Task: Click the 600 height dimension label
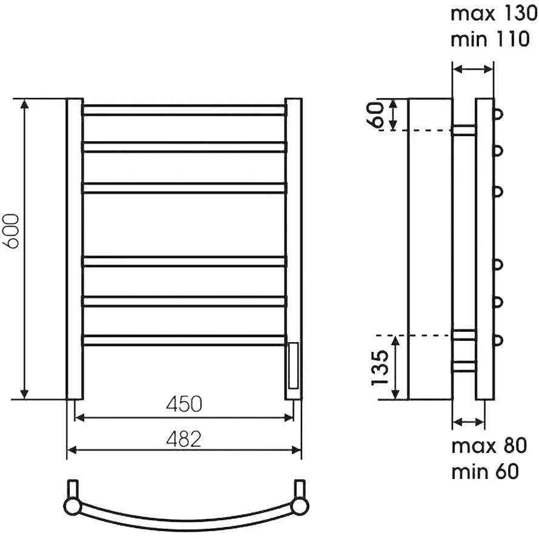(x=11, y=231)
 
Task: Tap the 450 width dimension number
(x=184, y=405)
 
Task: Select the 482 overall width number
(x=184, y=439)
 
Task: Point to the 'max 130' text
(x=494, y=14)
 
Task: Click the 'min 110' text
(x=490, y=39)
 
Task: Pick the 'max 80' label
(x=489, y=446)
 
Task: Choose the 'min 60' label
(x=484, y=471)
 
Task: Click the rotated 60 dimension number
(x=375, y=114)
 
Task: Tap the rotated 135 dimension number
(x=380, y=367)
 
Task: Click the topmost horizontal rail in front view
(x=184, y=110)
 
